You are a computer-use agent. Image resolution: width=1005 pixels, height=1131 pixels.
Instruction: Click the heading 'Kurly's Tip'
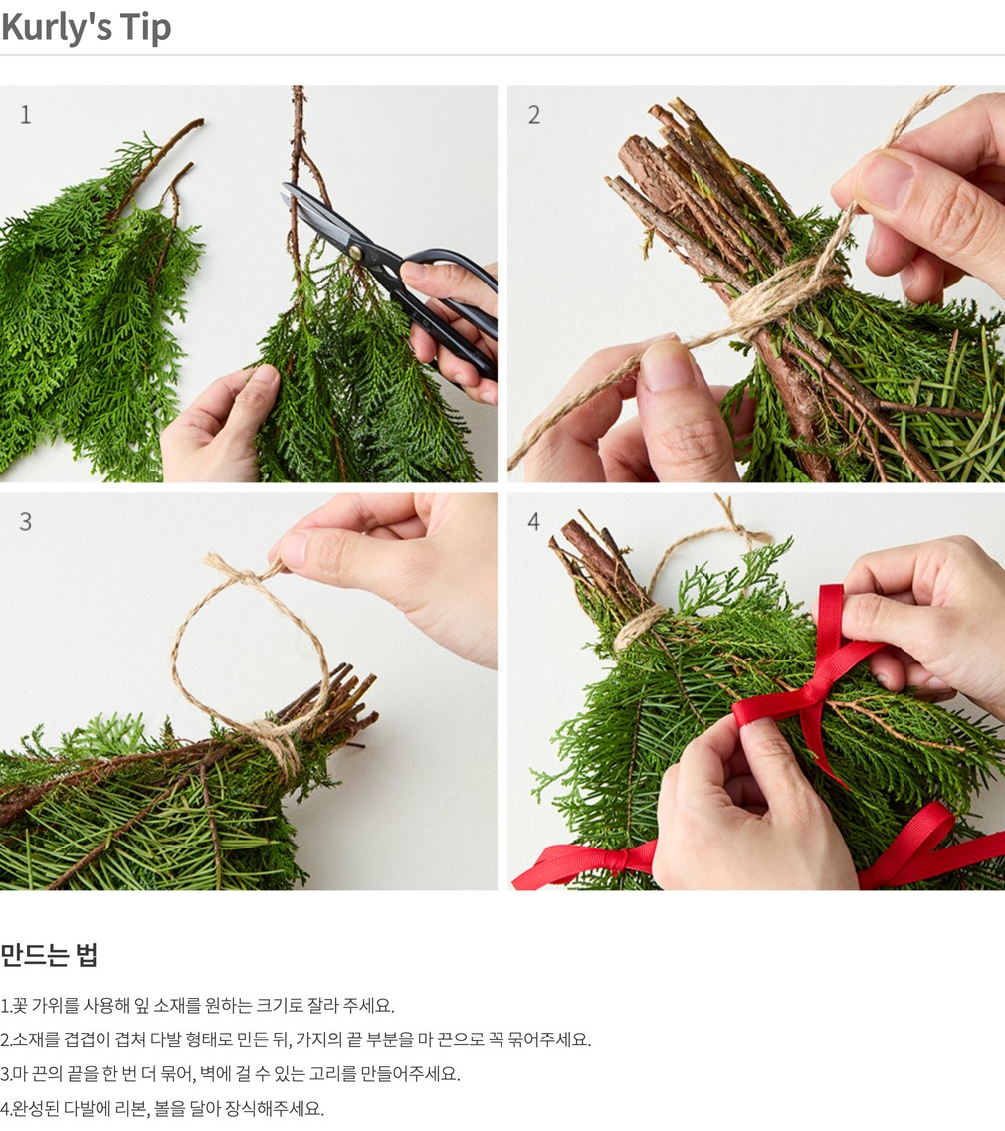[x=86, y=28]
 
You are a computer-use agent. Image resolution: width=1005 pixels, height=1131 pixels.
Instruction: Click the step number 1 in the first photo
[x=26, y=115]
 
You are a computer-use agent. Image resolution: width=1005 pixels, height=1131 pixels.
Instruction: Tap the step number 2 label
[x=534, y=115]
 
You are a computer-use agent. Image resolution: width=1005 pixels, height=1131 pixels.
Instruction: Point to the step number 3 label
[x=25, y=521]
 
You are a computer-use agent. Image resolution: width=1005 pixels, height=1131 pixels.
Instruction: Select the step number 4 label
[x=534, y=521]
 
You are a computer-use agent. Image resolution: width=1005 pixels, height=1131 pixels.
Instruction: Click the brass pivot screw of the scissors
[x=355, y=252]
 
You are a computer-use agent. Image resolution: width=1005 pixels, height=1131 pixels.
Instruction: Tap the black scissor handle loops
[x=451, y=303]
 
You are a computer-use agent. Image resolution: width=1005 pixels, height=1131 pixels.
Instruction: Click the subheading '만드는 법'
[x=49, y=954]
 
